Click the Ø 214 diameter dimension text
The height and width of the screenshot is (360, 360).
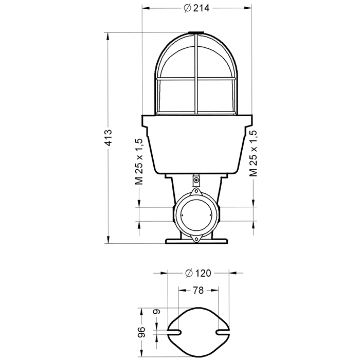click(x=197, y=8)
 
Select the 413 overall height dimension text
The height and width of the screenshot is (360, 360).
click(x=108, y=138)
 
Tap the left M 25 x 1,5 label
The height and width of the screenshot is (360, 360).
click(x=139, y=161)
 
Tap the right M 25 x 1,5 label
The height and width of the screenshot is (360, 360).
click(x=253, y=153)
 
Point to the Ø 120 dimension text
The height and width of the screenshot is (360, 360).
click(x=198, y=273)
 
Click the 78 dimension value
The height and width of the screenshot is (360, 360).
click(x=198, y=290)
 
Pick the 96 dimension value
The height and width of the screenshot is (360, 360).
click(x=141, y=332)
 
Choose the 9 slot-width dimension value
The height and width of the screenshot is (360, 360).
click(x=156, y=312)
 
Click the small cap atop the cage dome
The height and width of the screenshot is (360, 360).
click(x=196, y=33)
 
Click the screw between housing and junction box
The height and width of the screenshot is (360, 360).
click(x=196, y=180)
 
